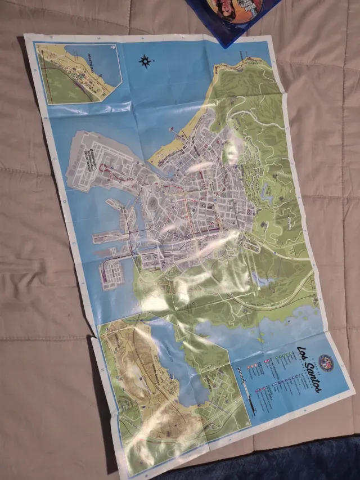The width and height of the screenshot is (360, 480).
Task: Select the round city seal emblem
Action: coord(326,361)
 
